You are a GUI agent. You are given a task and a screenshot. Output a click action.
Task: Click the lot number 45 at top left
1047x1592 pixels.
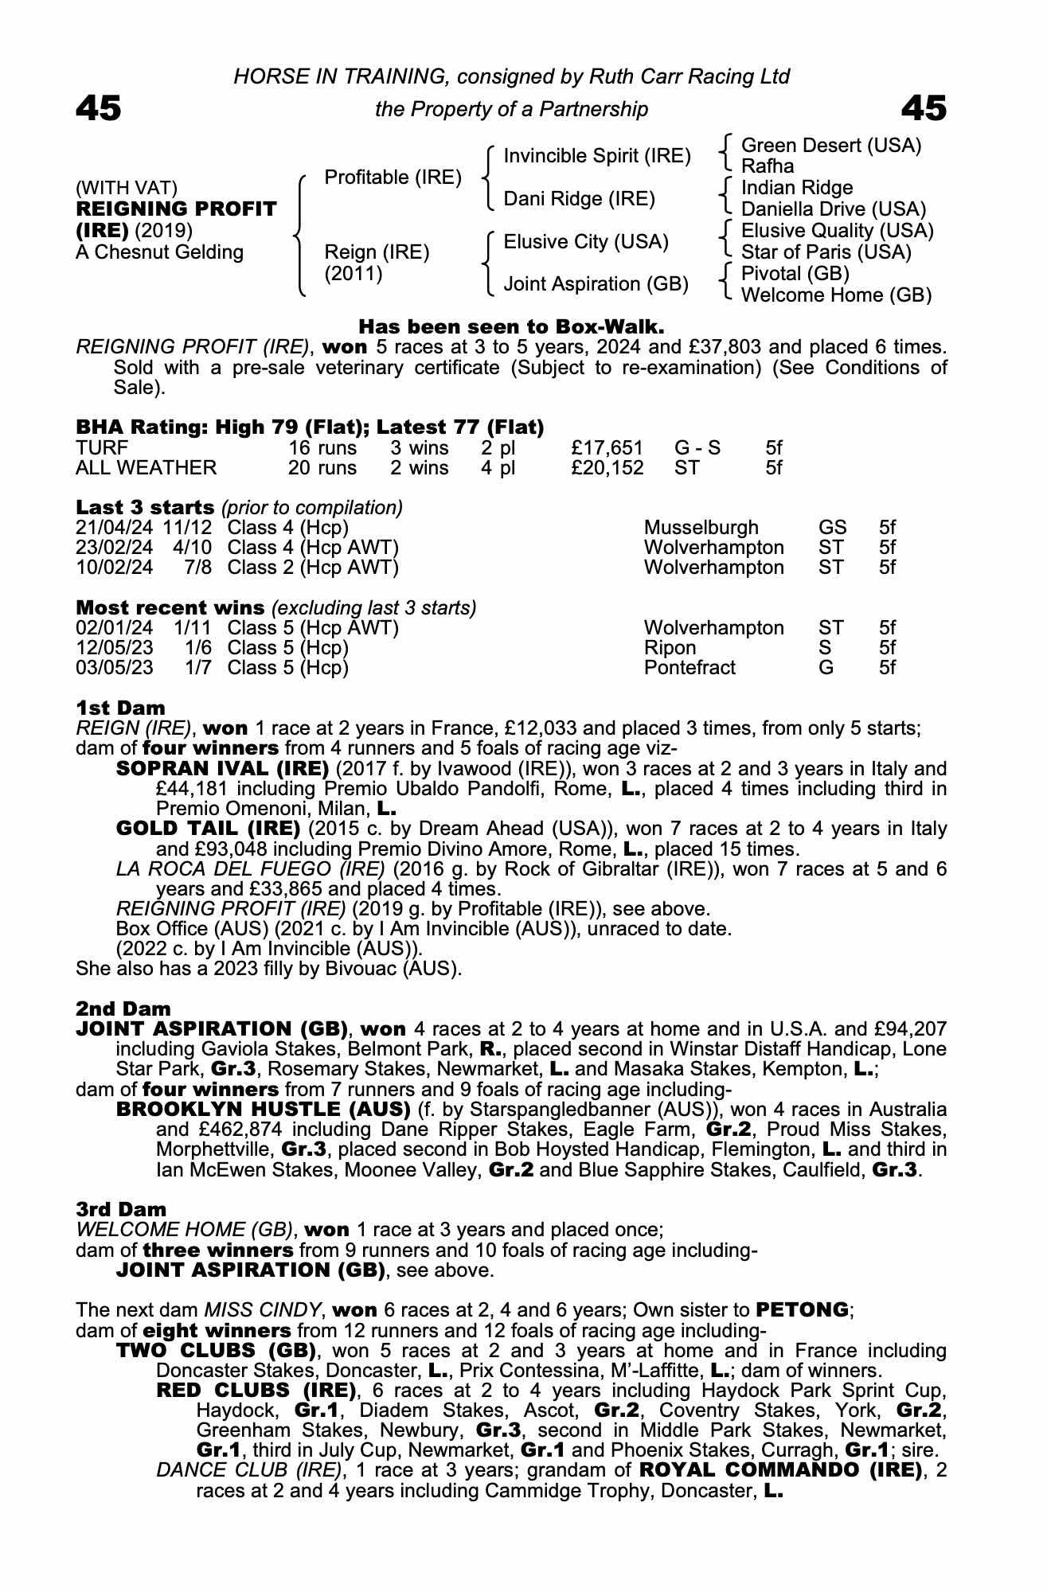(98, 109)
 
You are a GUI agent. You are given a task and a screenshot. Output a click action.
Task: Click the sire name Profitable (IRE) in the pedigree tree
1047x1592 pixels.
(393, 177)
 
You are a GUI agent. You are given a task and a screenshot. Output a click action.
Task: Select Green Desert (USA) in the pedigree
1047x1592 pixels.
(830, 146)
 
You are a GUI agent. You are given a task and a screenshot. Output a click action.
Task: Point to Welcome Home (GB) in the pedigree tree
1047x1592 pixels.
(836, 295)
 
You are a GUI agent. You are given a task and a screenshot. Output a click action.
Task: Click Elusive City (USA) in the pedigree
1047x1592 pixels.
(585, 241)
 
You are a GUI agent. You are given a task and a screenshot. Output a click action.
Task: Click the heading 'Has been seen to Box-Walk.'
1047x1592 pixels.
(511, 326)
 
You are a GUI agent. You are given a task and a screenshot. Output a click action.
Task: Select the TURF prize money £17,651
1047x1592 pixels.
(606, 448)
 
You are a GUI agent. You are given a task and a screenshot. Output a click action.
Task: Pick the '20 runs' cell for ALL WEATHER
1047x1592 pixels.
(322, 468)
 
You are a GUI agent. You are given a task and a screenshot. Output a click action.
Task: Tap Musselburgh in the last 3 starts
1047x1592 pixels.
(701, 528)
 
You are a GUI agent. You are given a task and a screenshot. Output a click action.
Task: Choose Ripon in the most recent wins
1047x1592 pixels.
(670, 648)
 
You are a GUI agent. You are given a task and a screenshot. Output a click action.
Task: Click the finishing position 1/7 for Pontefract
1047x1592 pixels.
(198, 668)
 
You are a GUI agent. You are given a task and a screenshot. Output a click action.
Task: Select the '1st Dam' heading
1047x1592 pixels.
(120, 708)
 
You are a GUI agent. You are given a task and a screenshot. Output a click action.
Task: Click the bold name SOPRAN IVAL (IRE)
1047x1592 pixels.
(222, 769)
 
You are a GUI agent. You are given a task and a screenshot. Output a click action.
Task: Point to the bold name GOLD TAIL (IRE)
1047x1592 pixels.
(208, 829)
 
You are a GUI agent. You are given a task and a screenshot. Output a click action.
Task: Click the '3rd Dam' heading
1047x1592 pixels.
(121, 1210)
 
